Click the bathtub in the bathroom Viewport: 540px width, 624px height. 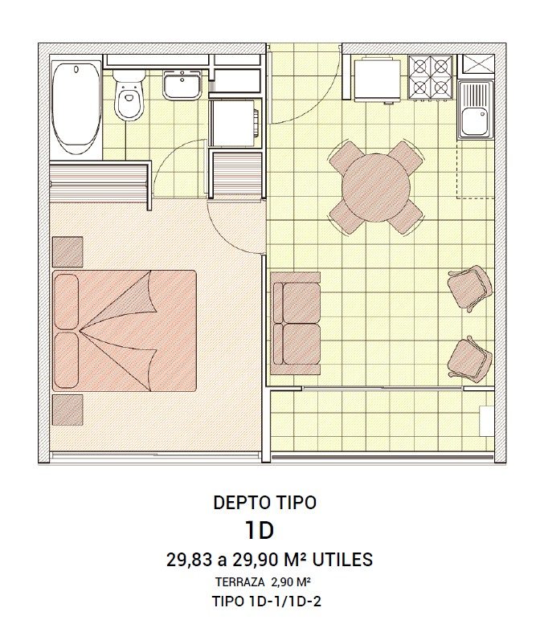tap(76, 108)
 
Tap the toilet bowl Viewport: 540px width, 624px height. tap(129, 96)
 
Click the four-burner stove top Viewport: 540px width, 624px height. tap(431, 77)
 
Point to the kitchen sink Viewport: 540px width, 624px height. tap(476, 109)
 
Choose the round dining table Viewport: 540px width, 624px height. tap(376, 187)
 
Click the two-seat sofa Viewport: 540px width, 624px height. tap(295, 324)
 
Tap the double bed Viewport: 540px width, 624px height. tap(125, 331)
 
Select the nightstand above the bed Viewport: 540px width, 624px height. tap(67, 252)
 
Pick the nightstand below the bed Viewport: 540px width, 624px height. tap(67, 410)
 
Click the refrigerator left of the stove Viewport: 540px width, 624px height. tap(377, 80)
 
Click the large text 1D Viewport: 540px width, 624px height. tap(260, 530)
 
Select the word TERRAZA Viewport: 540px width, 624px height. tap(240, 581)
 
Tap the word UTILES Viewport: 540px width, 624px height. tap(342, 560)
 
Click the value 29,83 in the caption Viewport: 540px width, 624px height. tap(189, 560)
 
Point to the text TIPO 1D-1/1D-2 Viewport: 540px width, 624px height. tap(267, 602)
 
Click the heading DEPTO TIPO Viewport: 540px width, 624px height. tap(265, 503)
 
